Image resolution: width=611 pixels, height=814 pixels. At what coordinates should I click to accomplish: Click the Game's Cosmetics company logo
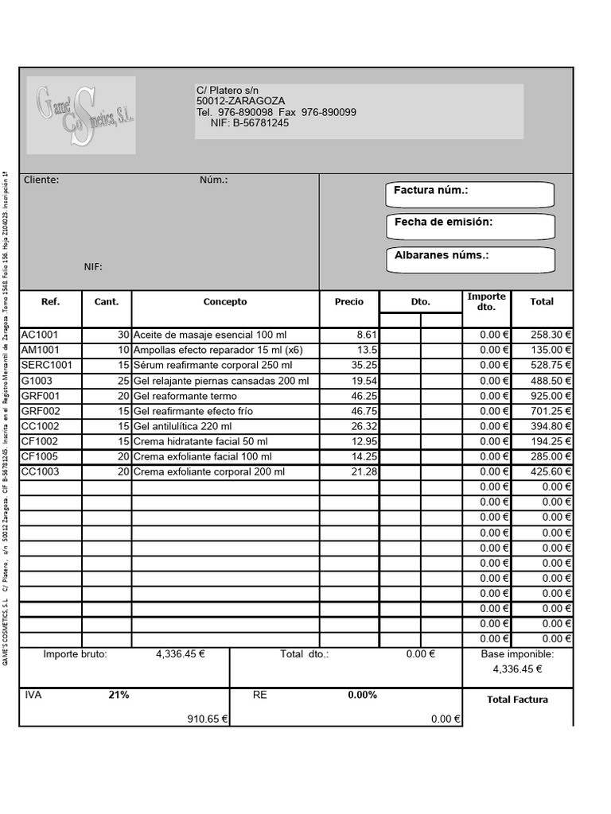click(81, 115)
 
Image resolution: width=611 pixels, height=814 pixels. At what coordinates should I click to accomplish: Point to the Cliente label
click(41, 180)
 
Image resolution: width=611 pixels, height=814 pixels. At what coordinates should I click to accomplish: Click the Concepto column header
click(225, 302)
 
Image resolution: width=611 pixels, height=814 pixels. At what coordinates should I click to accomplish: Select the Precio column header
click(349, 302)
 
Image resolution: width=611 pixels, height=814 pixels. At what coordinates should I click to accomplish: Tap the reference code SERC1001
click(46, 366)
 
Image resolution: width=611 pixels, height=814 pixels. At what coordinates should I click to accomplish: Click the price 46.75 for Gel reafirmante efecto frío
click(364, 411)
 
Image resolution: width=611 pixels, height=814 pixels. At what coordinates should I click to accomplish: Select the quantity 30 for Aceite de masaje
click(123, 335)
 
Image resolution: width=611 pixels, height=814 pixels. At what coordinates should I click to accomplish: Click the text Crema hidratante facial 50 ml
click(200, 441)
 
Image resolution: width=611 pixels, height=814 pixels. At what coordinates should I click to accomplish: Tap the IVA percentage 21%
click(119, 696)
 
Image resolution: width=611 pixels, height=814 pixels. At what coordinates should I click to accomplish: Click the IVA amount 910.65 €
click(207, 719)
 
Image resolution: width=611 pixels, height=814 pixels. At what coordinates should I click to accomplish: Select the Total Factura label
click(517, 700)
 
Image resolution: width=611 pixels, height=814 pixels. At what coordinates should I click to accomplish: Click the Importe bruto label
click(75, 655)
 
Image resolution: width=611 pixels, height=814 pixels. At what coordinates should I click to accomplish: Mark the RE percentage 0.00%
click(362, 696)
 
